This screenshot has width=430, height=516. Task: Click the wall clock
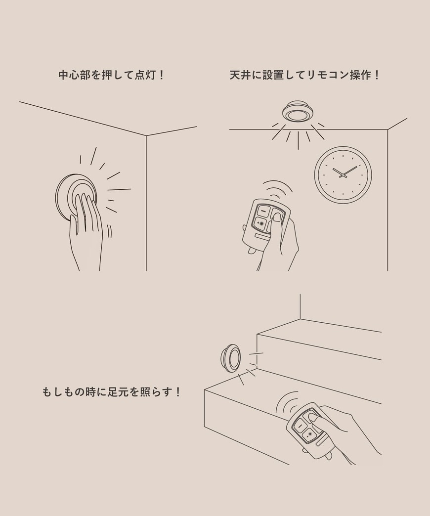[343, 174]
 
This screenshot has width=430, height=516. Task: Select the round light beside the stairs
[231, 358]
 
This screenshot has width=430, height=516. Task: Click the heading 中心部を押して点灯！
[111, 75]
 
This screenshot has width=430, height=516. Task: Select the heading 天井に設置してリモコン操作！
[305, 75]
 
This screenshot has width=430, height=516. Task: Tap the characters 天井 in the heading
[241, 75]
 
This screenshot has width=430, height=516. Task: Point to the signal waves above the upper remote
[277, 188]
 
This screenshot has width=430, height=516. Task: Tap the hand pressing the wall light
[86, 232]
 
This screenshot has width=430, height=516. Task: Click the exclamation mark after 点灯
[161, 75]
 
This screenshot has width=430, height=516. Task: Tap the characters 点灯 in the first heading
[144, 75]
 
